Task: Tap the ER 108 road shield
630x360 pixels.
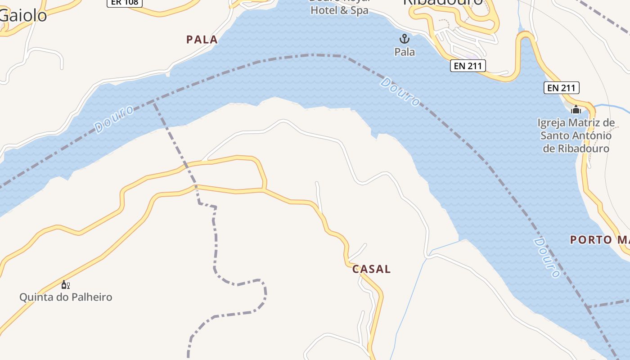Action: coord(125,2)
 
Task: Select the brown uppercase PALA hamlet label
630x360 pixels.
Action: coord(202,40)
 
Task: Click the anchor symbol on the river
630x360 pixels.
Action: coord(405,39)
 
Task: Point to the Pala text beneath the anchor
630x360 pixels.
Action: coord(405,52)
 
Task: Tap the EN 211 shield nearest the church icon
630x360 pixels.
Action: coord(561,88)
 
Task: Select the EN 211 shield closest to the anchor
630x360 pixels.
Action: coord(468,66)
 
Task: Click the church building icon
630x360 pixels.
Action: coord(576,109)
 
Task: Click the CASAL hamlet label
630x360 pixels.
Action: coord(371,269)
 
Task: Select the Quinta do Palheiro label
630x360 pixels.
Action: coord(66,297)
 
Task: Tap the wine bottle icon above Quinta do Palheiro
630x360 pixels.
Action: coord(66,284)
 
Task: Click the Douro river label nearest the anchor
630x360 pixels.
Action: coord(400,92)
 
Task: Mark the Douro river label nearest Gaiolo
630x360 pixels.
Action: coord(114,119)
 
